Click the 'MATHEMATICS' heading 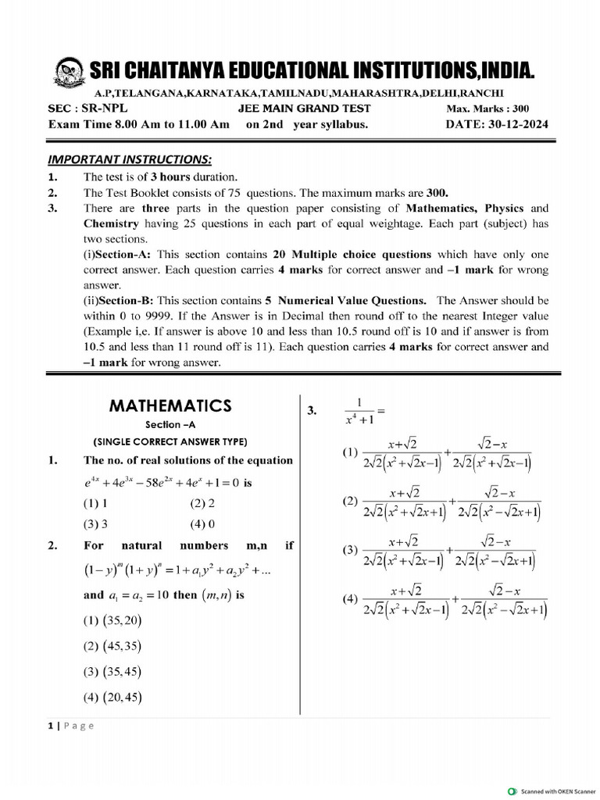(x=170, y=405)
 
